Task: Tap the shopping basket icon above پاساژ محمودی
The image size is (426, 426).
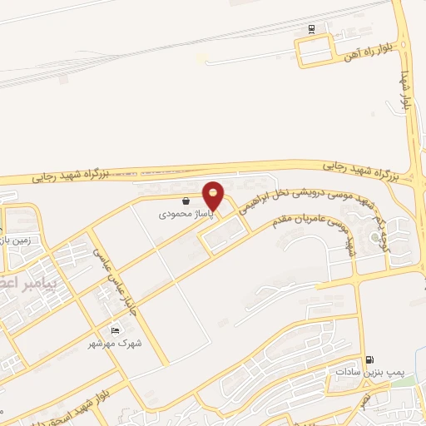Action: [x=185, y=201]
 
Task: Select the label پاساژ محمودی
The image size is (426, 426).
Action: [x=187, y=214]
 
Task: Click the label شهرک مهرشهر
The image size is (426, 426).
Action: [x=116, y=342]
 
